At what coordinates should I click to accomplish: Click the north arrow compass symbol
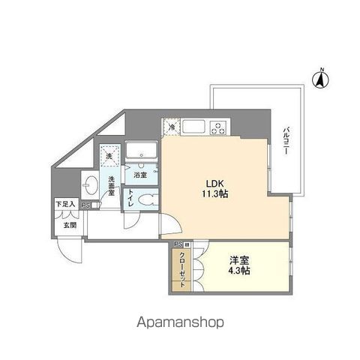[320, 77]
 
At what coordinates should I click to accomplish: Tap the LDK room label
[207, 181]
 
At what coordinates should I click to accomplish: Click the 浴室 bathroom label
[140, 175]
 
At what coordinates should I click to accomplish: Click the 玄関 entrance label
[69, 224]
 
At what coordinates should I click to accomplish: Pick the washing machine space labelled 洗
[109, 155]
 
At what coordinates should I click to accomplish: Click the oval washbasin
[91, 184]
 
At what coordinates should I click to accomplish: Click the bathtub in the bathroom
[141, 154]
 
